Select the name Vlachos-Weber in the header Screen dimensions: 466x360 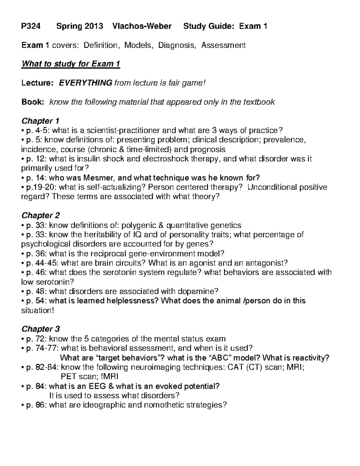tap(142, 26)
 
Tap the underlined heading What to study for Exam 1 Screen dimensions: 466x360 tap(70, 64)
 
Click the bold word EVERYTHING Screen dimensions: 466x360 tap(85, 83)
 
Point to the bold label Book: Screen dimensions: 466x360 tap(33, 102)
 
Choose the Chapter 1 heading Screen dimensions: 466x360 tap(40, 121)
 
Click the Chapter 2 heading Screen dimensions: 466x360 tap(41, 215)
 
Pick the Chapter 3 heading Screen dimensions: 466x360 tap(41, 329)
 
